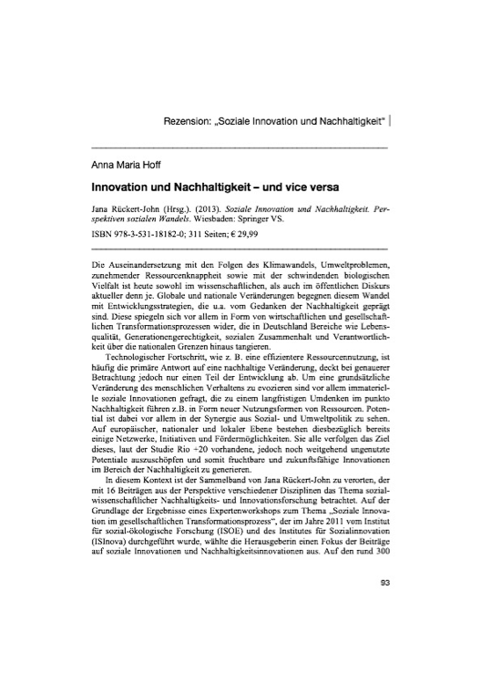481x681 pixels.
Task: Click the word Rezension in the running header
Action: [194, 120]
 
